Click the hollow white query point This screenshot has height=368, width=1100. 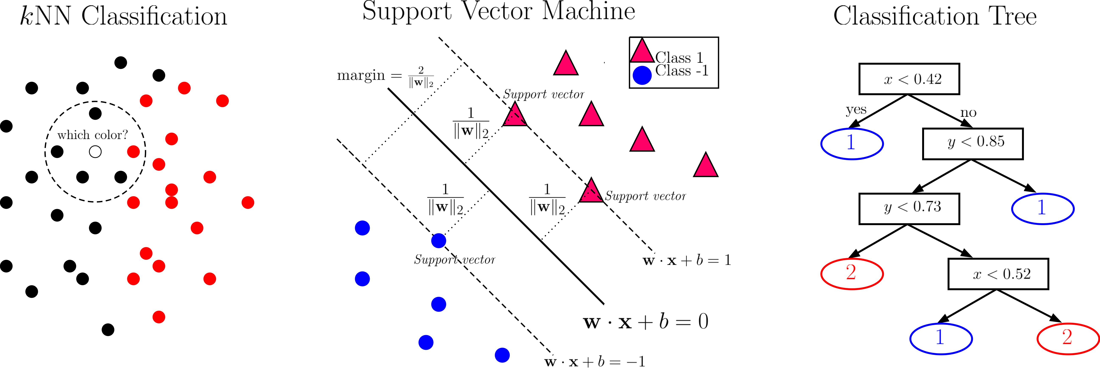click(95, 152)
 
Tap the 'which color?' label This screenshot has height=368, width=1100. click(93, 135)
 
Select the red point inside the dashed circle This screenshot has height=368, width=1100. click(133, 152)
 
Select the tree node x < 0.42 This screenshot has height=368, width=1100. click(909, 79)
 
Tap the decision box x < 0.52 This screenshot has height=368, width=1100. click(998, 274)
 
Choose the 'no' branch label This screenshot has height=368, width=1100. click(969, 113)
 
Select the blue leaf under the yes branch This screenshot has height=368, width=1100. click(852, 144)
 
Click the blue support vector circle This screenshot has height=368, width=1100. click(439, 241)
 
